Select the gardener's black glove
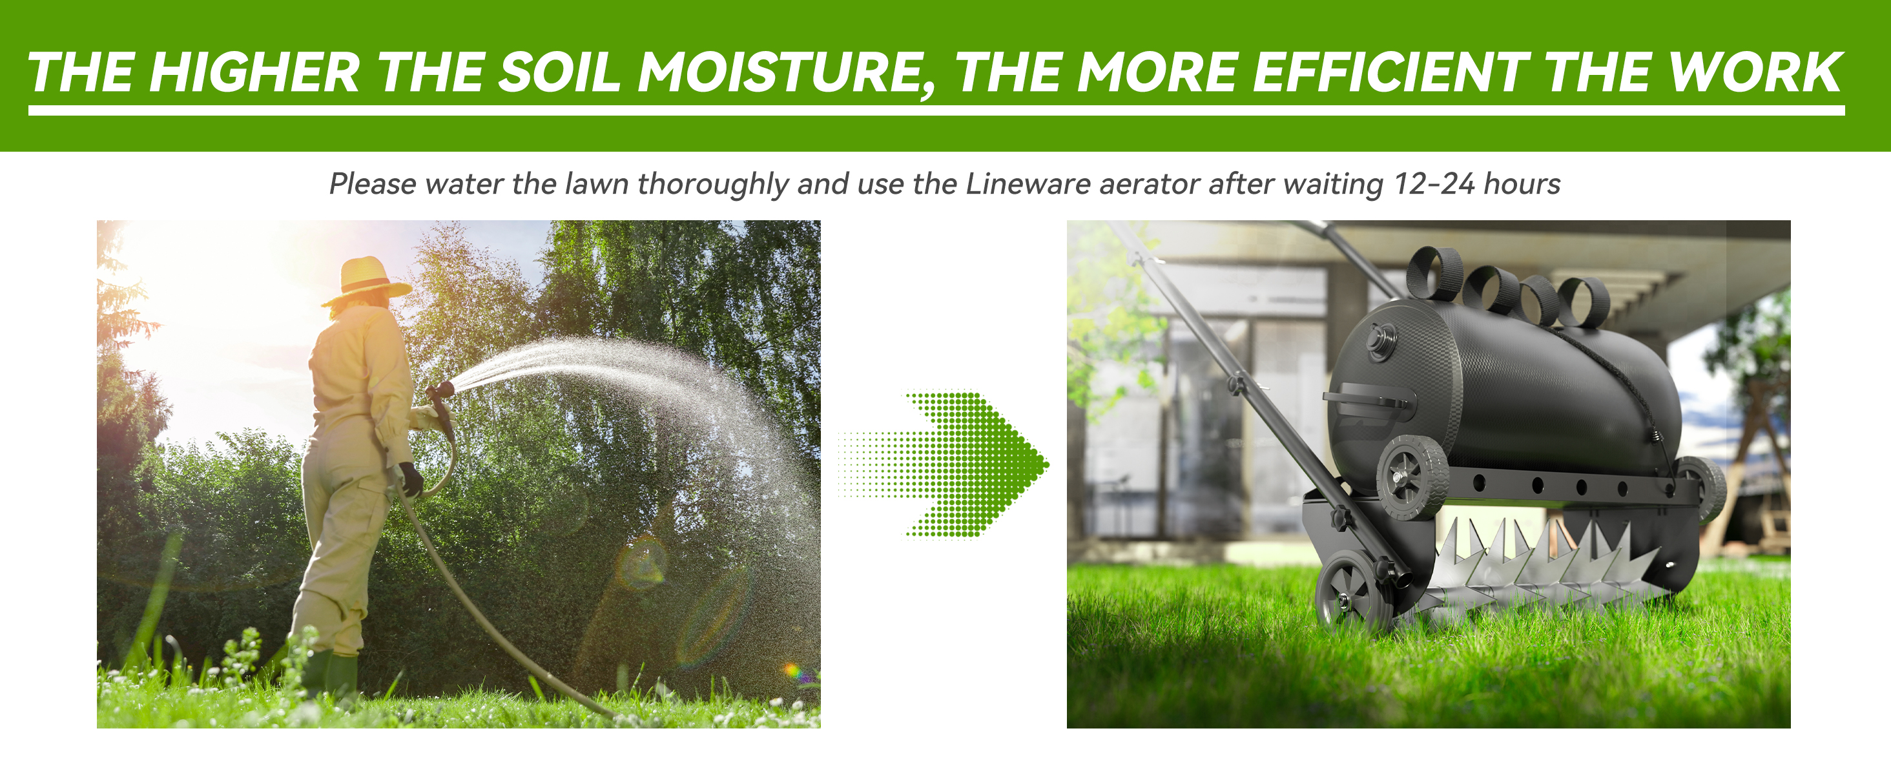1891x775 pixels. click(x=411, y=479)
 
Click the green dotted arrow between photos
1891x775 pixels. click(x=955, y=464)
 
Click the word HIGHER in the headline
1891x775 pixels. click(x=254, y=74)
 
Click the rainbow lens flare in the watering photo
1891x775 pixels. click(x=792, y=669)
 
